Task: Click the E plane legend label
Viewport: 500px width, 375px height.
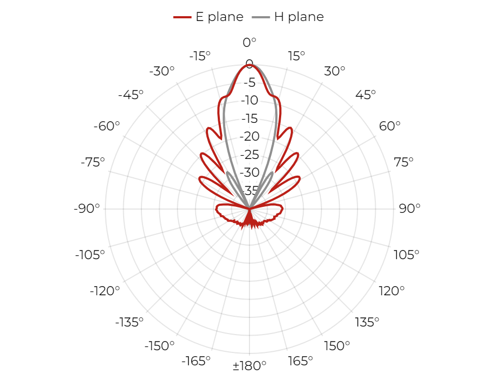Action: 219,17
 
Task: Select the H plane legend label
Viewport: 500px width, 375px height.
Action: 299,17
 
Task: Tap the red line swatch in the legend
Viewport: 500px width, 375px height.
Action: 182,17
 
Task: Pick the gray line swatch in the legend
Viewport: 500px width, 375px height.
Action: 261,17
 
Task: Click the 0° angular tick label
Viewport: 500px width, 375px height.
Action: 249,42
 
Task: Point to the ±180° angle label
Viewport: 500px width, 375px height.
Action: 249,365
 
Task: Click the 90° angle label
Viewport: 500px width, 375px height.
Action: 410,209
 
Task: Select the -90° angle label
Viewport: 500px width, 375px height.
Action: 87,209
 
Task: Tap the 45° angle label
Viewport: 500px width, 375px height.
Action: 366,95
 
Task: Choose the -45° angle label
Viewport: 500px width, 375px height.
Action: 131,95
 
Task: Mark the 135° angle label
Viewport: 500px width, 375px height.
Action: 367,322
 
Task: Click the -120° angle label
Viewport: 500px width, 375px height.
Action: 105,291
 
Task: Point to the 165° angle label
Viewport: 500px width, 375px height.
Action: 300,361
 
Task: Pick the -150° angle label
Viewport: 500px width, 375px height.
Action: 160,345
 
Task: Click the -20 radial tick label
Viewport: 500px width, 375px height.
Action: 249,136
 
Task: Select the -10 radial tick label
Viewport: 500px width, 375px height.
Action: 249,100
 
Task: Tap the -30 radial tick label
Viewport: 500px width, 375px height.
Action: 249,172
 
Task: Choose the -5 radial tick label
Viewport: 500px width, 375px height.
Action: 249,82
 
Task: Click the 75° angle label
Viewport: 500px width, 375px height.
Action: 403,162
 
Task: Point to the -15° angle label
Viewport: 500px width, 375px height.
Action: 200,56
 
